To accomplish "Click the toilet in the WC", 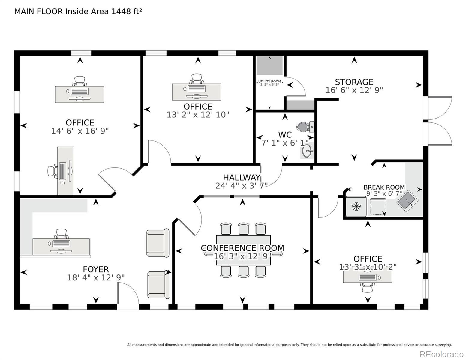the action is tap(305, 127).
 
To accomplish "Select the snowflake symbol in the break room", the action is tap(356, 207).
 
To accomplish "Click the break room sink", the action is tap(407, 201).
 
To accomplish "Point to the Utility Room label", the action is tap(269, 81).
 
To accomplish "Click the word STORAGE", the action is tap(354, 82).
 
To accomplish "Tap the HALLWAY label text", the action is tap(242, 178).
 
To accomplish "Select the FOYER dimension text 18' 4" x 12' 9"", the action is tap(96, 278).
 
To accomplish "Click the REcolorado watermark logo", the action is tap(441, 354).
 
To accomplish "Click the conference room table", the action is tap(243, 250).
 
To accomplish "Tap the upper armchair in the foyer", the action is tap(158, 243).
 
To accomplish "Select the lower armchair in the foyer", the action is tap(159, 285).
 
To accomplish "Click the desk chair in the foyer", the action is tap(61, 234).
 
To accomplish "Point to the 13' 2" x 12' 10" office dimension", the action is tap(198, 115).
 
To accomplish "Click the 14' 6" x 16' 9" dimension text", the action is tap(80, 131).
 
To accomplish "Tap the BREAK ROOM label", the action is tap(384, 187).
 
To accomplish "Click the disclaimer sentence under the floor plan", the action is tap(290, 345).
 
